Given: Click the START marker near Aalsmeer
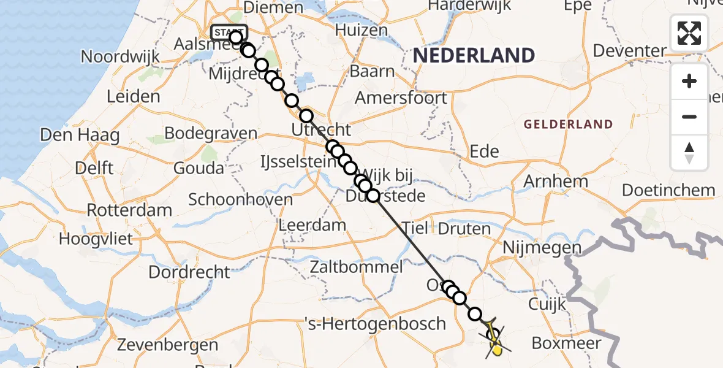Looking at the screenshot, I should click(229, 32).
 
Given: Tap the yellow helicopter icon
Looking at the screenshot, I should click(495, 341).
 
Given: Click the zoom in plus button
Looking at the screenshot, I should click(689, 82).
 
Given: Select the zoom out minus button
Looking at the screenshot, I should click(689, 117).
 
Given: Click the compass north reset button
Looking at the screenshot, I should click(689, 153).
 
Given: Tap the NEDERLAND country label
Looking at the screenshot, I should click(474, 55).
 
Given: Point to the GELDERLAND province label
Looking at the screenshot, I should click(568, 125).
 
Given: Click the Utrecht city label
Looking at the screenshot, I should click(321, 130).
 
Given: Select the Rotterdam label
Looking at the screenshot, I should click(129, 210).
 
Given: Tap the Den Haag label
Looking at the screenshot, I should click(79, 135).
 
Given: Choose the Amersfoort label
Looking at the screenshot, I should click(401, 98).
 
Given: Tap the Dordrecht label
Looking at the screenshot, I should click(189, 272).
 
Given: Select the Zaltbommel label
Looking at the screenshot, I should click(356, 267).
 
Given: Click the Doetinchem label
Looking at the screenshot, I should click(668, 190).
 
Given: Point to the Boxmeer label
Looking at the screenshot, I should click(566, 342).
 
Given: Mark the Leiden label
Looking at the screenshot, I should click(133, 96).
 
